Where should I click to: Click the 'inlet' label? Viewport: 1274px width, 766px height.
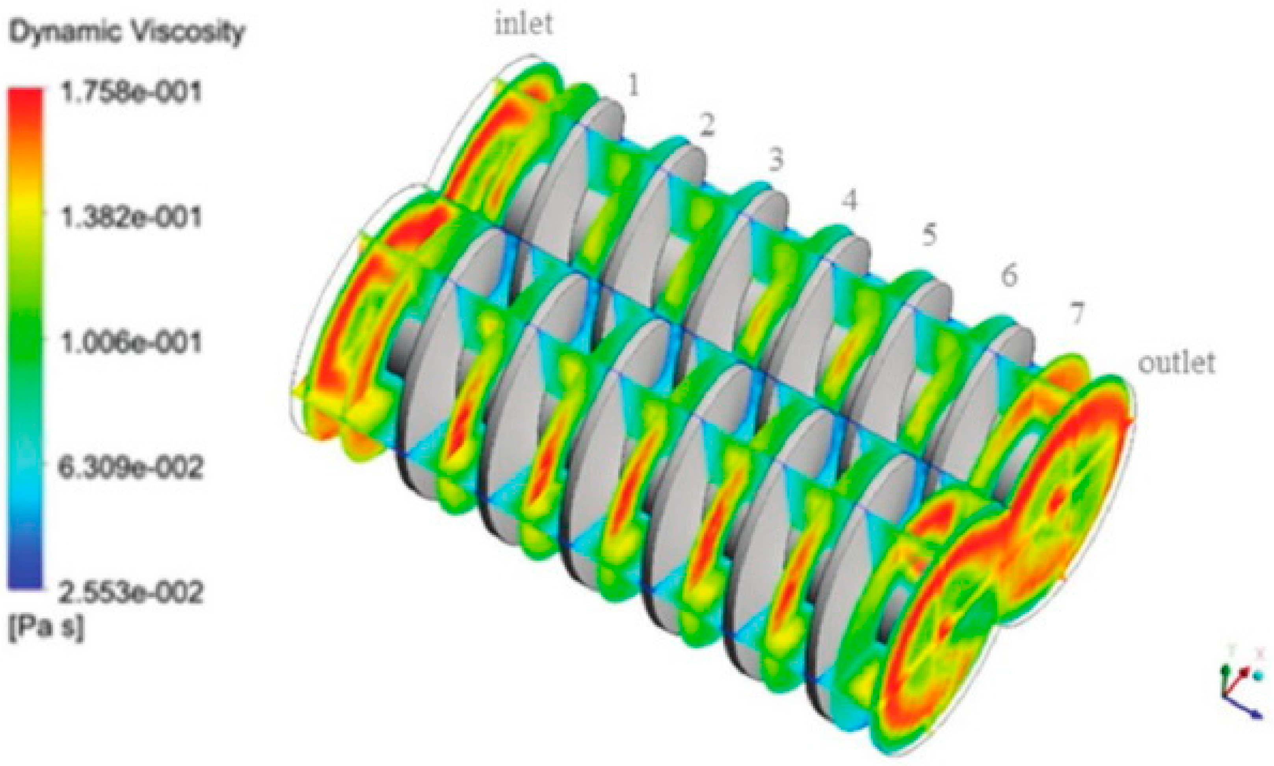coord(524,24)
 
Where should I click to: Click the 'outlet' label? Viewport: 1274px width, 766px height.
coord(1176,363)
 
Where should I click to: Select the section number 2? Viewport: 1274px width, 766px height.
coord(707,125)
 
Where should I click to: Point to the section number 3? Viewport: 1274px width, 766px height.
coord(775,159)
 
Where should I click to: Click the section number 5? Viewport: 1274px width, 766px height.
coord(928,236)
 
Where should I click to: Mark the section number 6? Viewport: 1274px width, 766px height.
coord(1008,275)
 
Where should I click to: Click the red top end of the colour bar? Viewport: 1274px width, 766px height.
coord(25,98)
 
